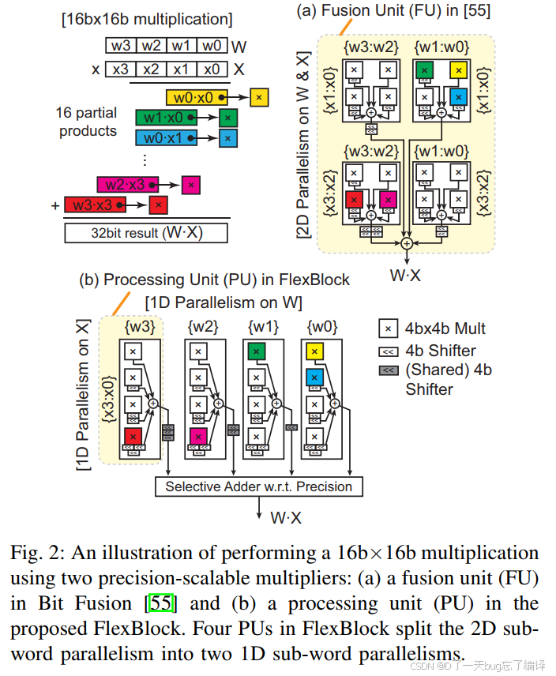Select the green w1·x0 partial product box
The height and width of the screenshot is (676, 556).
(x=163, y=118)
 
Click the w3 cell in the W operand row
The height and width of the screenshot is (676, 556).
(x=120, y=46)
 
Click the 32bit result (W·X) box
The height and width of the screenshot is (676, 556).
(x=146, y=233)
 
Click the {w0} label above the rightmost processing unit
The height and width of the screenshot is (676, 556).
(x=320, y=326)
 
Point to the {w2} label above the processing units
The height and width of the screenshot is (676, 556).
(x=203, y=326)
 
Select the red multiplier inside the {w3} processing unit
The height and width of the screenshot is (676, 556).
(x=133, y=436)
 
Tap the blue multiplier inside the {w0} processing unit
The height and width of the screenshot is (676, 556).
(x=314, y=377)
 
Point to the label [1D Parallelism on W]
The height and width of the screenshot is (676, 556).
(x=224, y=302)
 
